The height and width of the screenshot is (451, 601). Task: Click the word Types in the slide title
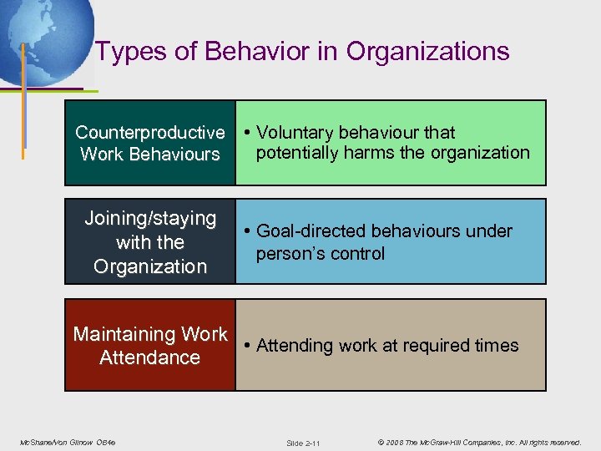[122, 52]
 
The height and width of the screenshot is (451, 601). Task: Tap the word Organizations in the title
[427, 52]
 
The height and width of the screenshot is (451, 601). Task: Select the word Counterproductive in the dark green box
[150, 133]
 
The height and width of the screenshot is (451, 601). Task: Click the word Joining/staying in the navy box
[150, 219]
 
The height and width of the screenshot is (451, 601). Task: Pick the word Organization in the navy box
[150, 266]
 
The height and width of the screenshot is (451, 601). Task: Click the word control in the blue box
[358, 254]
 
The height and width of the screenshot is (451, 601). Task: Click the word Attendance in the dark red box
[150, 357]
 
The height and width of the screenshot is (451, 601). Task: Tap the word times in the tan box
[496, 346]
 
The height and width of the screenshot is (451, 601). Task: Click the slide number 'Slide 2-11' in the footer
[303, 443]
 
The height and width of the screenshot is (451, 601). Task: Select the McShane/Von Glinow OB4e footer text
[68, 442]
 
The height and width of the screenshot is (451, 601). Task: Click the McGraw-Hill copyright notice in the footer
[478, 442]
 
